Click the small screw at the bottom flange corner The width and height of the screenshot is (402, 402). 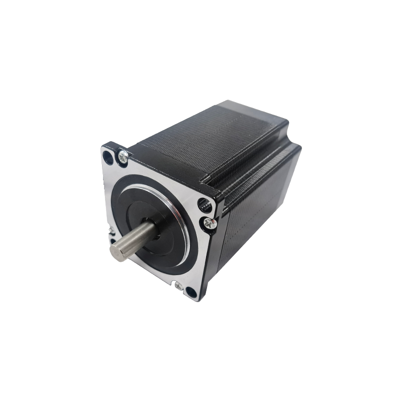pos(178,285)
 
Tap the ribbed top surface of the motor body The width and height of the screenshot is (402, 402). pos(211,136)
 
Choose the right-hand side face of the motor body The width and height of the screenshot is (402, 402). pos(261,201)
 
